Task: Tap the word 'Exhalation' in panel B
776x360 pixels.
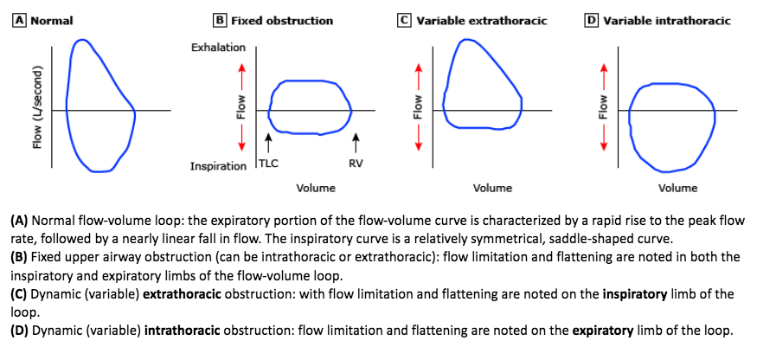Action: pyautogui.click(x=218, y=47)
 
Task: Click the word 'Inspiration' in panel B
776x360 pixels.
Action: pyautogui.click(x=218, y=165)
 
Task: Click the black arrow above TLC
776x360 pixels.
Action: pyautogui.click(x=269, y=139)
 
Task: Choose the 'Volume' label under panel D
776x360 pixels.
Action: pyautogui.click(x=678, y=188)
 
